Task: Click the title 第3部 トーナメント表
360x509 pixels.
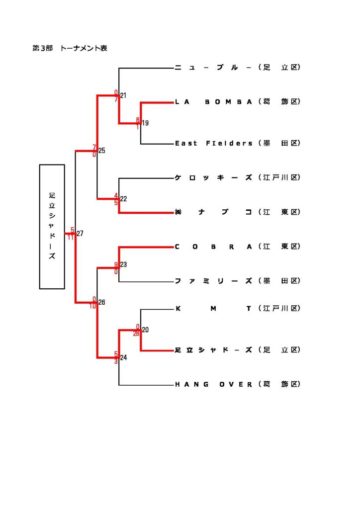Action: coord(70,48)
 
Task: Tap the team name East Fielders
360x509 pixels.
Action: coord(214,143)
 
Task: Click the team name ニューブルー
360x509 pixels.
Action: coord(214,68)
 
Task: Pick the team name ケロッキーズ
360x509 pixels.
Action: coord(214,177)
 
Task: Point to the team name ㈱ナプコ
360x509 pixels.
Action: coord(214,212)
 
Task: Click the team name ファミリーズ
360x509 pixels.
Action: coord(214,281)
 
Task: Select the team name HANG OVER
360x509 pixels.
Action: coord(214,384)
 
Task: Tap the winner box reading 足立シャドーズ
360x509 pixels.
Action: coord(52,227)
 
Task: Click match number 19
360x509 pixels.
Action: coord(145,123)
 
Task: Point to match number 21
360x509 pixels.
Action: coord(123,95)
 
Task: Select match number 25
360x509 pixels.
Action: coord(102,150)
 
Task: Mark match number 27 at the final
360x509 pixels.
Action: coord(80,233)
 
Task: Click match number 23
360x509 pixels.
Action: coord(123,264)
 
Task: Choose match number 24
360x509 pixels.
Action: coord(123,357)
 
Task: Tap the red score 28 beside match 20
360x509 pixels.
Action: coord(136,334)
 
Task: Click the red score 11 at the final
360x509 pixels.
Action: coord(71,237)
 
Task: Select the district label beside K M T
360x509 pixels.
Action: coord(280,309)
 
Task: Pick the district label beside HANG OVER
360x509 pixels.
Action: coord(280,384)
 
